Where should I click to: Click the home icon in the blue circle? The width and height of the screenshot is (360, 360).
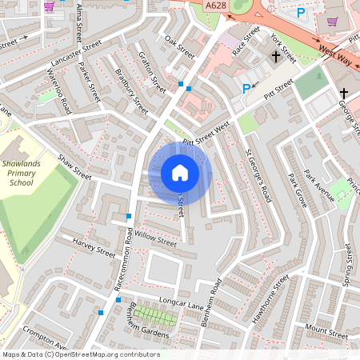point(180,173)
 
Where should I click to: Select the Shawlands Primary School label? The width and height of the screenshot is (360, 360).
point(28,171)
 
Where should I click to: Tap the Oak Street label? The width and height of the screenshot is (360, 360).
point(179,46)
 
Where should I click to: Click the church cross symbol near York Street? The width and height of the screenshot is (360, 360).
point(276,57)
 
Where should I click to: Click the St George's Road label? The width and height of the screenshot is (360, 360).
point(258,177)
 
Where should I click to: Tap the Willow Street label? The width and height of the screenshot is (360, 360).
point(155,238)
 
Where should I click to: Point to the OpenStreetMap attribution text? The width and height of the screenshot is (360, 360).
point(80,354)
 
